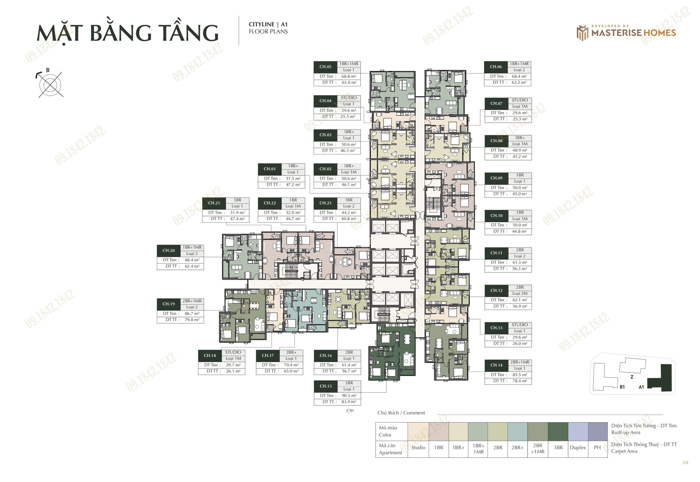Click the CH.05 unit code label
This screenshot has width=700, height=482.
325,67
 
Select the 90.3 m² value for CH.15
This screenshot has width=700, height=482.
349,396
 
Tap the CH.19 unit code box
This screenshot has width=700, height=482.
168,304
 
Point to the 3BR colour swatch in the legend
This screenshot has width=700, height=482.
558,431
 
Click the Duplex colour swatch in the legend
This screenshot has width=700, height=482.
578,431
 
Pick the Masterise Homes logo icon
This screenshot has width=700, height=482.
582,33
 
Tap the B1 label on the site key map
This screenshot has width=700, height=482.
622,387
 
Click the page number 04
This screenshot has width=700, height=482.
685,462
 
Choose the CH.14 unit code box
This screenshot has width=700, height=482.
496,365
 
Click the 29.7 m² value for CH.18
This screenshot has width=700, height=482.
233,365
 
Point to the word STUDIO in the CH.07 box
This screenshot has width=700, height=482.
520,100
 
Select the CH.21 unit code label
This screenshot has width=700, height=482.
214,203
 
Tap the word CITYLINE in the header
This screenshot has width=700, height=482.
261,24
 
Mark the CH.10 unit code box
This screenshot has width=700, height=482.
496,216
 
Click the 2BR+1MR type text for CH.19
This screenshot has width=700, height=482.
192,301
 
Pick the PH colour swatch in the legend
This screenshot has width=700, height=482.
597,431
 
